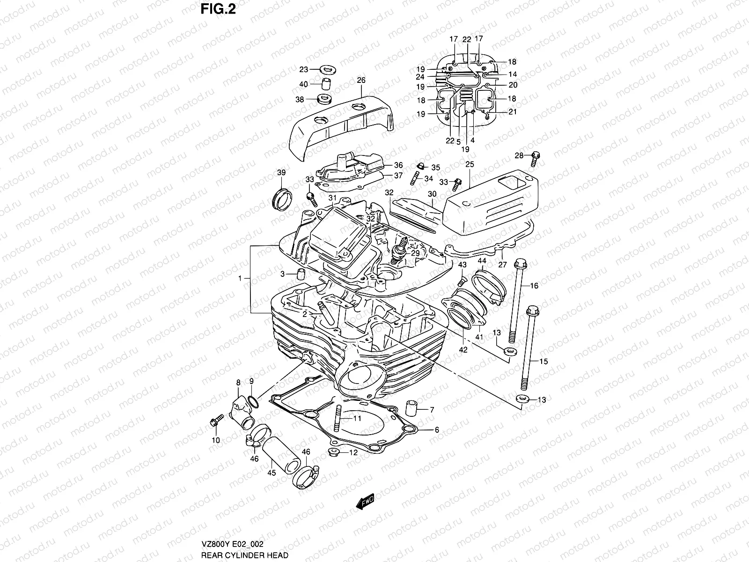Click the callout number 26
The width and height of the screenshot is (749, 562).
pos(374,81)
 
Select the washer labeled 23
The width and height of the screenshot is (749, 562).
pos(329,70)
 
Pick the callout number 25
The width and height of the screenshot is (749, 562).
pos(470,164)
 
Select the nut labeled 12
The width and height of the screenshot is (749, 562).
pos(334,452)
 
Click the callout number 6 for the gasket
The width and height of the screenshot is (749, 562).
pos(436,429)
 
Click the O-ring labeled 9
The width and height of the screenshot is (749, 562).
pos(252,401)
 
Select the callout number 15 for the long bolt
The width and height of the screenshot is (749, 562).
pos(543,361)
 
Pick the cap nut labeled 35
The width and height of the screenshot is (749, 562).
pos(421,166)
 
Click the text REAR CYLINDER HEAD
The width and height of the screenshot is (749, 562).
pos(244,555)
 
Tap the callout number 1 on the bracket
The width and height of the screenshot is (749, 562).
pos(240,278)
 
